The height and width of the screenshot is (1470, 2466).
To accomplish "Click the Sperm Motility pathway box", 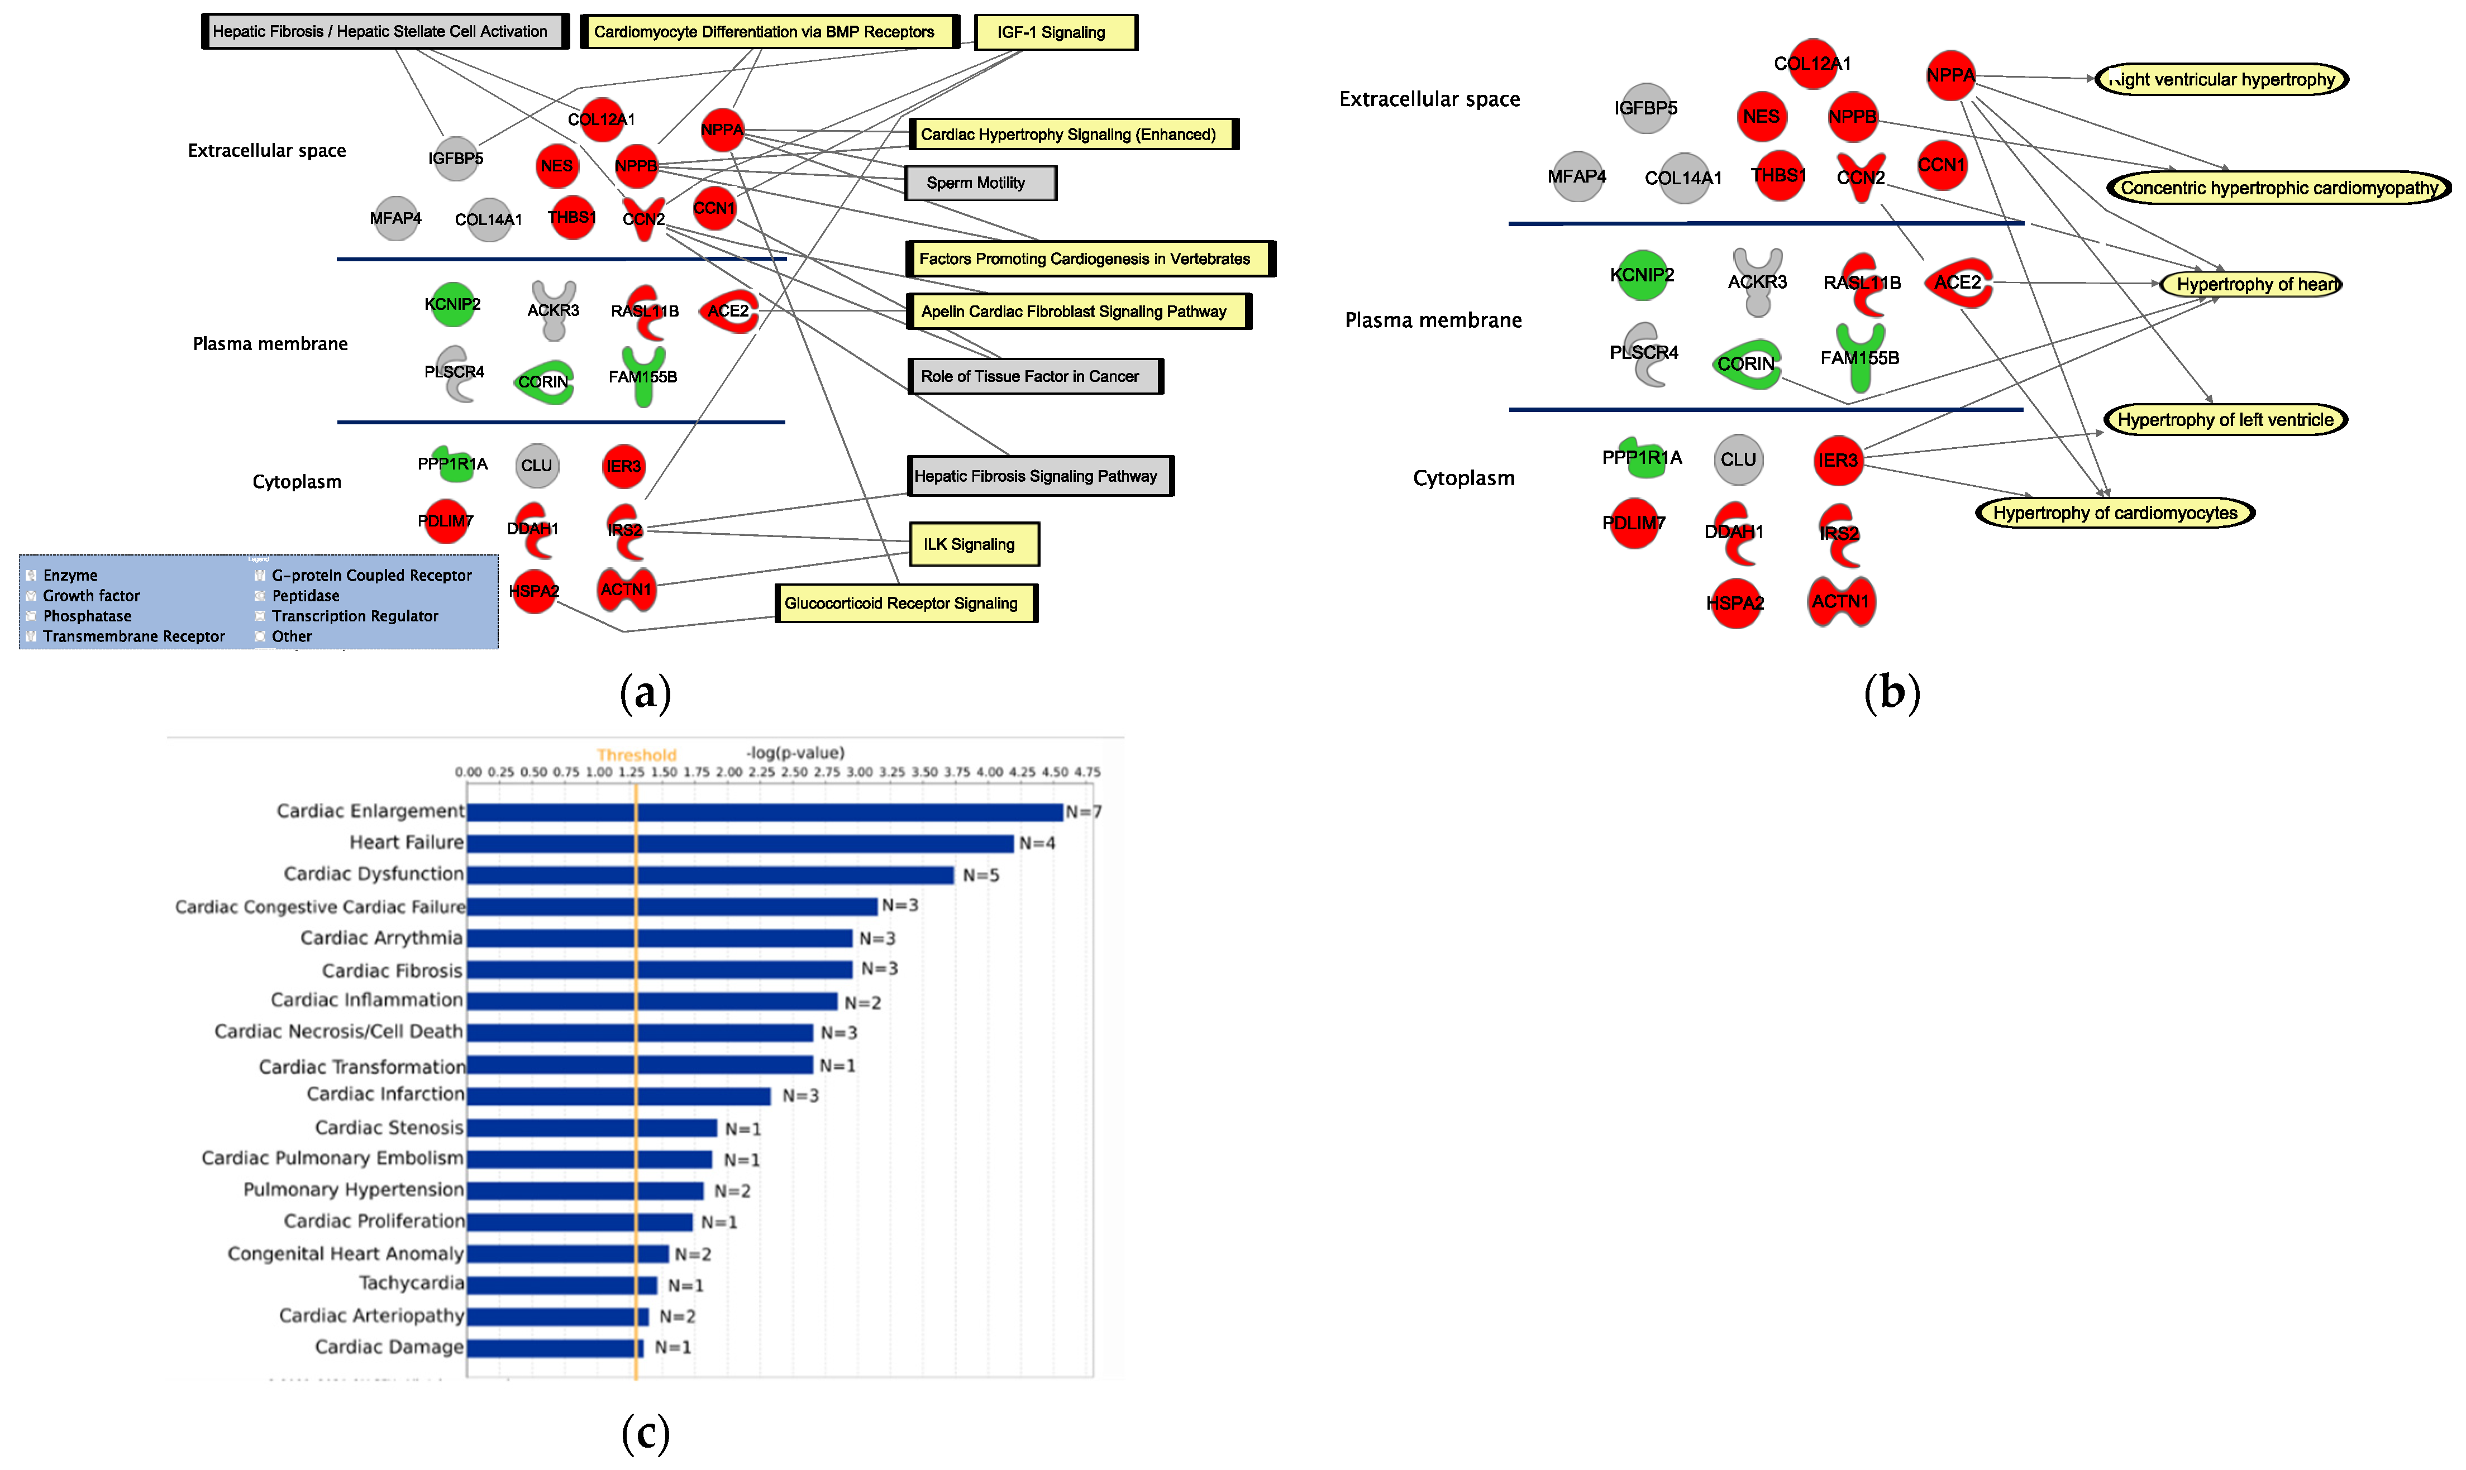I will [980, 183].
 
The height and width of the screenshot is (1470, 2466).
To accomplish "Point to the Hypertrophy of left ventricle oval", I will [2224, 420].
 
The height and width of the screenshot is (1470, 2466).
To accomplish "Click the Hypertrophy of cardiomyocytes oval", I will [2114, 513].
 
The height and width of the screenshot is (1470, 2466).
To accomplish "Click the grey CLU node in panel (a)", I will [537, 466].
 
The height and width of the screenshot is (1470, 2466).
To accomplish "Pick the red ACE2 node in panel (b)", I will [1958, 283].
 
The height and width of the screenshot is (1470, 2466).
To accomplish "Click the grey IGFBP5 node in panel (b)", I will [1645, 108].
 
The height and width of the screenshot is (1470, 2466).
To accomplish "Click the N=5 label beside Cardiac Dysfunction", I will [981, 875].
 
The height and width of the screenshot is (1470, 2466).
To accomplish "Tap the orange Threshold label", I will [636, 755].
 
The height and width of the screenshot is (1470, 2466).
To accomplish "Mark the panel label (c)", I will [645, 1433].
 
